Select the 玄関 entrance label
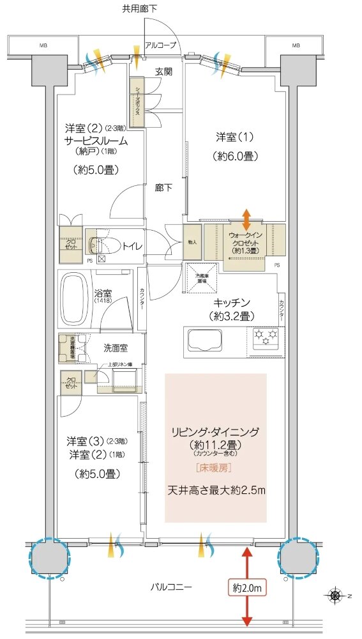click(163, 72)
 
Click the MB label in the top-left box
click(43, 45)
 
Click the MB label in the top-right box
click(296, 45)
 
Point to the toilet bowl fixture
click(102, 245)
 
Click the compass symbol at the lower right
click(335, 596)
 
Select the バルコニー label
click(173, 586)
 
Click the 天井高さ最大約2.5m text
click(216, 490)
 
